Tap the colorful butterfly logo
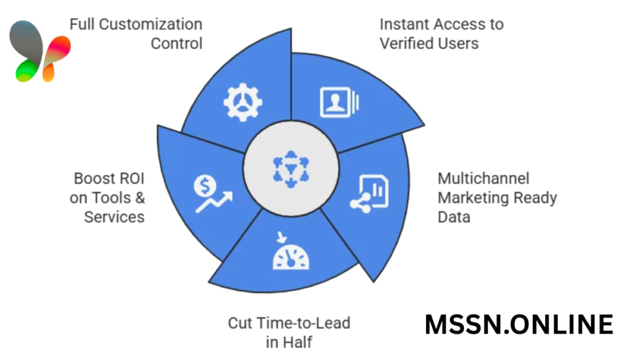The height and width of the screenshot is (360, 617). click(39, 51)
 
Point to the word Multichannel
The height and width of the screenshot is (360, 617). click(483, 178)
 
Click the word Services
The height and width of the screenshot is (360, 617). click(114, 217)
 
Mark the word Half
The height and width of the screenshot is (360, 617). click(300, 341)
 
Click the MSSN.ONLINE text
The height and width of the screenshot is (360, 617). click(519, 325)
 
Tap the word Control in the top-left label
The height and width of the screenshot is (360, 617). click(177, 44)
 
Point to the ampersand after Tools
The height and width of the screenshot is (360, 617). click(139, 197)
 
